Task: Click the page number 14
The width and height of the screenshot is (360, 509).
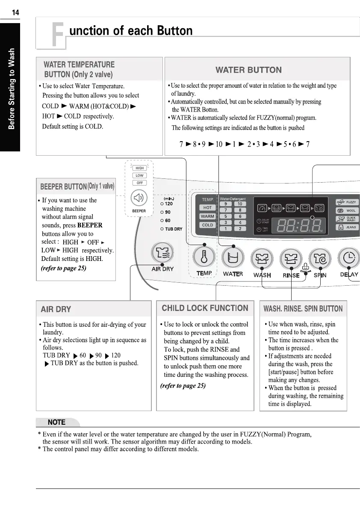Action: point(15,12)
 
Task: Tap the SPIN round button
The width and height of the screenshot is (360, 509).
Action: point(320,258)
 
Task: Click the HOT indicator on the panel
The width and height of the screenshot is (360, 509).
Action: point(207,207)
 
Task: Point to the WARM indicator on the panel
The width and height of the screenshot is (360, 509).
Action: point(207,216)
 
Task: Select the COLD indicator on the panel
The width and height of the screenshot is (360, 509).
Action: point(207,225)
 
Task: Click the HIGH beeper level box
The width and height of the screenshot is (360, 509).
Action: point(139,168)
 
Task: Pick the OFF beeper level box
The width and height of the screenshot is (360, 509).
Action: point(139,183)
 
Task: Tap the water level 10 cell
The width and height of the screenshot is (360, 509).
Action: point(240,204)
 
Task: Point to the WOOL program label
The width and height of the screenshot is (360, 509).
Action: point(351,211)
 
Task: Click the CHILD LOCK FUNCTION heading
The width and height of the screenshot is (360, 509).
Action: point(205,308)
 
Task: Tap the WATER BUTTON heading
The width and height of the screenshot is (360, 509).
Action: point(248,70)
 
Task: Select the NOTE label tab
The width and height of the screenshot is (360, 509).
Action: point(57,422)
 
